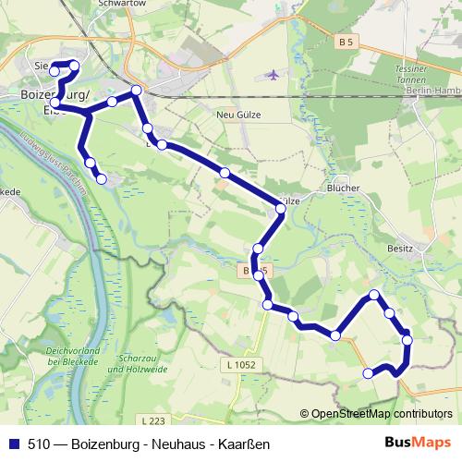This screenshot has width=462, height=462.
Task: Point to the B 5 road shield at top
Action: point(346,43)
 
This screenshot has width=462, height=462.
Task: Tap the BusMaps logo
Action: point(421,444)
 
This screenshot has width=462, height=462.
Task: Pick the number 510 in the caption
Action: point(39,444)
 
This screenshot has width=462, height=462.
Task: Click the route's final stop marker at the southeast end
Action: point(368,373)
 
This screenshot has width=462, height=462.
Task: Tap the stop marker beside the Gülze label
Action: point(280,209)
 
